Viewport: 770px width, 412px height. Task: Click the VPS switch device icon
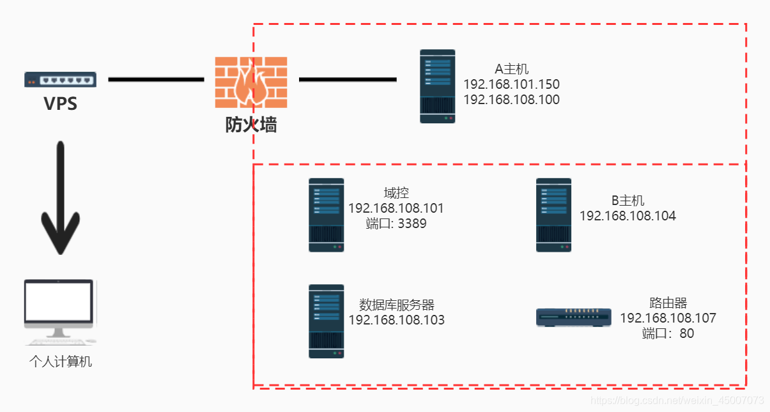point(60,79)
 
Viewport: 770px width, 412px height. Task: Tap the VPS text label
point(60,103)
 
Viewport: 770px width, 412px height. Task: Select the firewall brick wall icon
point(250,82)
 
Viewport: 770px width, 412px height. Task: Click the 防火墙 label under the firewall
point(250,125)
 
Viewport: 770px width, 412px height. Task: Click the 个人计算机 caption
point(61,362)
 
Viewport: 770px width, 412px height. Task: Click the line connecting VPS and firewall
point(156,79)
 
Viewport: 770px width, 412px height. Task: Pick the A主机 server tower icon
point(437,86)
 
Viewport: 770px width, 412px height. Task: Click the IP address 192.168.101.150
point(511,84)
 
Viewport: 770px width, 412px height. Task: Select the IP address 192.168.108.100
point(511,100)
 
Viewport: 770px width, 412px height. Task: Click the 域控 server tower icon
point(326,215)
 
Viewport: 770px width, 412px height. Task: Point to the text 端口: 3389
point(396,224)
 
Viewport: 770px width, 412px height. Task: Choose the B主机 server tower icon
point(553,215)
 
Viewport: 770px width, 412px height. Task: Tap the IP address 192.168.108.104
point(628,216)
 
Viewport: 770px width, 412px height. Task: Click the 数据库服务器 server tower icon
point(326,321)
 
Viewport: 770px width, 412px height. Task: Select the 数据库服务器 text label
point(396,304)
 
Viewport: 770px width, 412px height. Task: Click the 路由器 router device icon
point(573,317)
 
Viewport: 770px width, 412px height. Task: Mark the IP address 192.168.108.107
point(668,318)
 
